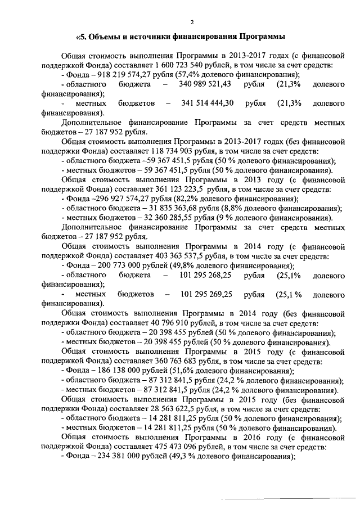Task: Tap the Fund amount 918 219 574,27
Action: (x=118, y=74)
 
